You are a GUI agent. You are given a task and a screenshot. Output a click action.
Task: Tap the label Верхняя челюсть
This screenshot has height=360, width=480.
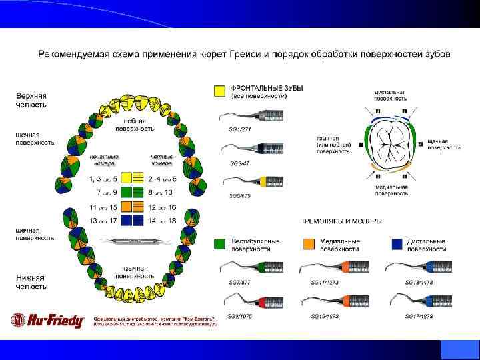point(31,100)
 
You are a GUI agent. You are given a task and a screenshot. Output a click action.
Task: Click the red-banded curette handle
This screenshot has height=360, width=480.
point(263,301)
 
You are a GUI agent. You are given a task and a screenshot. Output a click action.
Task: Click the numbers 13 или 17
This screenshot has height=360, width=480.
point(103,221)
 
